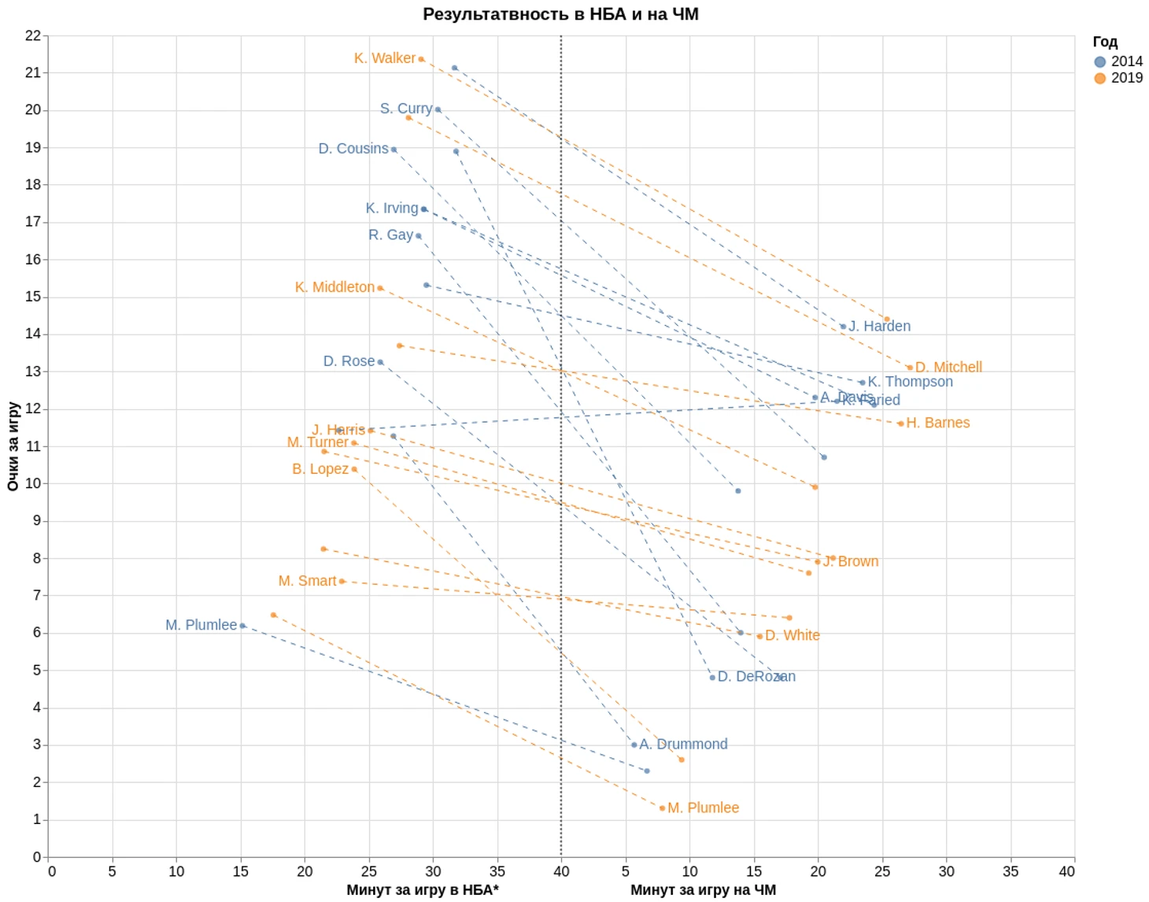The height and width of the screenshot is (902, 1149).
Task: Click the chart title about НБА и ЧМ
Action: tap(560, 14)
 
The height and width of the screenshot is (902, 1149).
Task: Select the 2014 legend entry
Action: tap(1118, 61)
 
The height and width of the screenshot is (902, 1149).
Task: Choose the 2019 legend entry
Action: tap(1118, 78)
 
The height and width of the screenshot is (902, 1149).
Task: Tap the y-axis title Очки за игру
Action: tap(13, 446)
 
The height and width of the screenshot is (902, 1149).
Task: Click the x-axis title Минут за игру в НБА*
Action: tap(423, 890)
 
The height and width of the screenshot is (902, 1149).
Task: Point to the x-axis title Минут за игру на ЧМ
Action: tap(703, 890)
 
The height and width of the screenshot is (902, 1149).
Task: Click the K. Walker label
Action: tap(384, 58)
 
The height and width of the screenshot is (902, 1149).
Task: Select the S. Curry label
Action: tap(405, 109)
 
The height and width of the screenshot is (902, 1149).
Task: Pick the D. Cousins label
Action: tap(353, 149)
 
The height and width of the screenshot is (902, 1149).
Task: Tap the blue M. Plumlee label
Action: tap(201, 625)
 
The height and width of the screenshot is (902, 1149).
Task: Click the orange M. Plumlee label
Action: tap(703, 808)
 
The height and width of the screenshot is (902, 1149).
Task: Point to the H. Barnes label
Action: tap(937, 423)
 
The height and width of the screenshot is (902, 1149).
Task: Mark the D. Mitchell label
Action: tap(948, 367)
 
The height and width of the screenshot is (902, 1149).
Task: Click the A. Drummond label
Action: tap(683, 744)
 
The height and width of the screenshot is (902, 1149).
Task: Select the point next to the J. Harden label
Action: tap(843, 327)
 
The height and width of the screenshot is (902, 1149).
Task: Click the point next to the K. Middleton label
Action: tap(380, 288)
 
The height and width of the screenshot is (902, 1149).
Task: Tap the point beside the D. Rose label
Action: tap(381, 362)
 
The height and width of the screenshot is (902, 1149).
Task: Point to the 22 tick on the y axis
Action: tap(32, 35)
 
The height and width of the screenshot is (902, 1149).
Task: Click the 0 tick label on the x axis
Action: tap(52, 871)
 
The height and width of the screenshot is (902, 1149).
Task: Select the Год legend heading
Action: tap(1105, 42)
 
